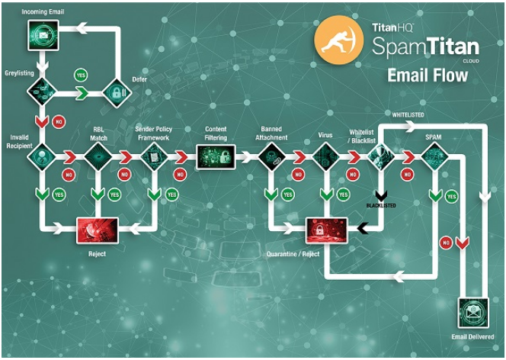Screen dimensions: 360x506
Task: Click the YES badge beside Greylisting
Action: [x=79, y=75]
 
